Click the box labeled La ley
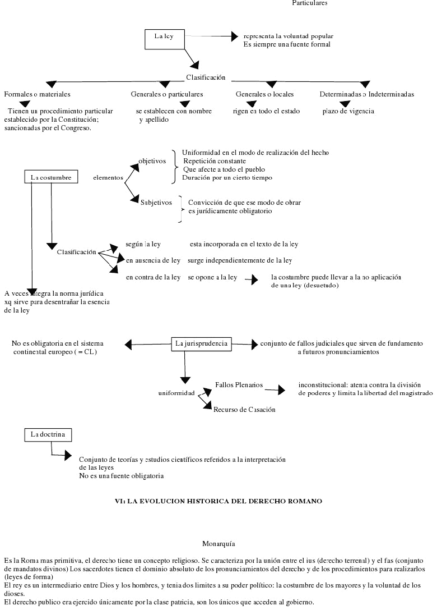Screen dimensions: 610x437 coord(164,36)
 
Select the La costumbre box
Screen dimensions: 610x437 coord(51,177)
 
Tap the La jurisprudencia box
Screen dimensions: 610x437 coord(201,343)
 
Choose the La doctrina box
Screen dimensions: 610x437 coord(49,434)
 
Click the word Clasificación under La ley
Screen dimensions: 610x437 coord(206,77)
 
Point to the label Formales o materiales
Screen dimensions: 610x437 coord(37,94)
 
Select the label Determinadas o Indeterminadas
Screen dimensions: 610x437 coord(367,94)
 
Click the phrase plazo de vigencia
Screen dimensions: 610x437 coord(348,111)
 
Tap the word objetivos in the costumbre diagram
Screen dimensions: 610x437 coord(152,161)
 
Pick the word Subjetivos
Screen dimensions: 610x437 coord(156,203)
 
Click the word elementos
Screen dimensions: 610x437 coord(108,177)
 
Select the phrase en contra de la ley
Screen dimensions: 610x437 coord(153,277)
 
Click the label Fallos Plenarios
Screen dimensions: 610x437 coord(239,385)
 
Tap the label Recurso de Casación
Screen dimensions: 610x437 coord(244,410)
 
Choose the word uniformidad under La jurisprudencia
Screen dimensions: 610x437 coord(176,393)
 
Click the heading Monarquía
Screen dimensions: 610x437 coord(218,543)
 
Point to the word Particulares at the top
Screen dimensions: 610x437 coord(310,3)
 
